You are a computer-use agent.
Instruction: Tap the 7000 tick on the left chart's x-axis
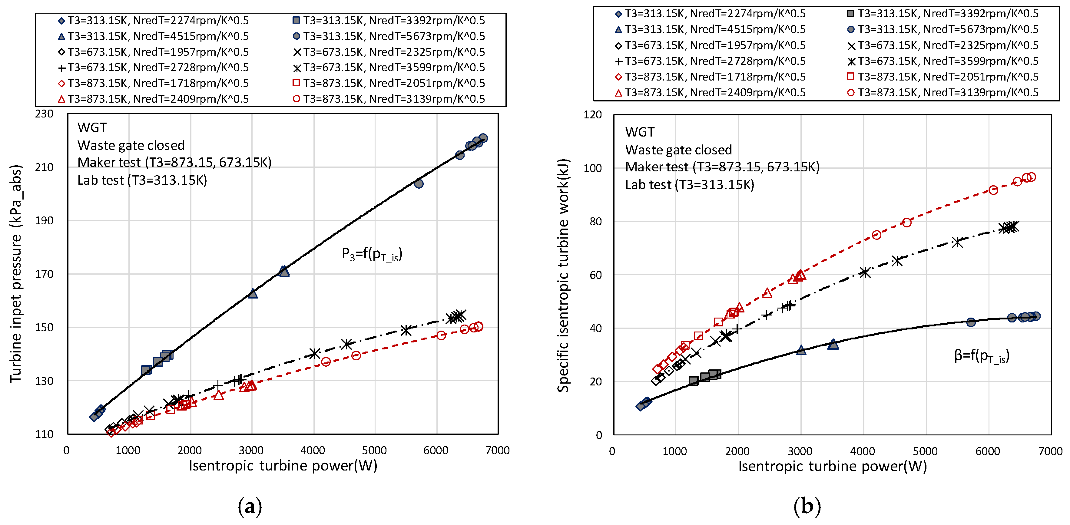497,450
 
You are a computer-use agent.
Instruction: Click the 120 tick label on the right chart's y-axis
592,115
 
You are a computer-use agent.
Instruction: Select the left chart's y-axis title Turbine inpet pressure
16,274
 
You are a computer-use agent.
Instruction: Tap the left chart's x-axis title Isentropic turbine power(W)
283,466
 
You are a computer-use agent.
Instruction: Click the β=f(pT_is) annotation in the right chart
982,356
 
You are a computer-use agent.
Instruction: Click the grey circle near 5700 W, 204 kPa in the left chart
419,183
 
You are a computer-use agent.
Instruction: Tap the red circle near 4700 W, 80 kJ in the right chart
907,223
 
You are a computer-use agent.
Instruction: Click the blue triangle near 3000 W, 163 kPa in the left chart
253,294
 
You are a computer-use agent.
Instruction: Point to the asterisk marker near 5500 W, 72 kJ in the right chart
957,242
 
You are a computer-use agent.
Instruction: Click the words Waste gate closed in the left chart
131,145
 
